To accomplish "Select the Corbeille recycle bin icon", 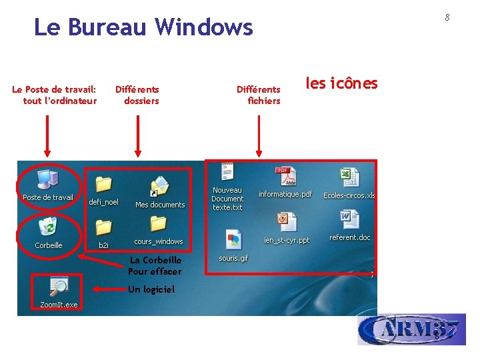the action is [x=48, y=227].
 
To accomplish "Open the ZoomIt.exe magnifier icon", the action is [x=58, y=287].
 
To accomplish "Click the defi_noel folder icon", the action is [x=103, y=184].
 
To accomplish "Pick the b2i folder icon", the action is [x=103, y=228].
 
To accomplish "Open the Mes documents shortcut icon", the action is [x=159, y=186].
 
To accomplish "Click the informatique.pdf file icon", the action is [x=286, y=177].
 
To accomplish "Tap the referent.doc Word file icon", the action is [x=349, y=219].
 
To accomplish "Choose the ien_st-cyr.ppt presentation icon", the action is [x=287, y=222].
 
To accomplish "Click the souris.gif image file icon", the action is [x=233, y=239].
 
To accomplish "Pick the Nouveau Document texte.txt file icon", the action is [x=227, y=171].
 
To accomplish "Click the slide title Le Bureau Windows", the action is [x=143, y=27].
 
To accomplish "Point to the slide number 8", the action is [x=447, y=17].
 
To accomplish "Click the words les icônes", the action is [x=341, y=83].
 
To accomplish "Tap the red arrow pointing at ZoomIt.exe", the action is [x=107, y=289].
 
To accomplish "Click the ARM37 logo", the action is [x=411, y=329].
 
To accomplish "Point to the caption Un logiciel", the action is [x=151, y=289].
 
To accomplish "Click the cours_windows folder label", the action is [x=159, y=241].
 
